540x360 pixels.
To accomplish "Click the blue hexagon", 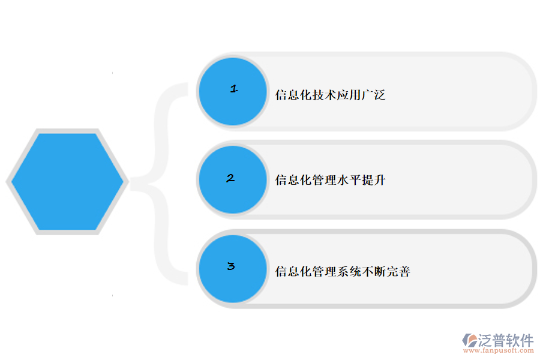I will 67,181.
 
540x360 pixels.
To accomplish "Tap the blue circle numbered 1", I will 233,91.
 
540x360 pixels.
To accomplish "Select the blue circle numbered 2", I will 233,179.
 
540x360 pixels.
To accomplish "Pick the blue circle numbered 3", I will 233,268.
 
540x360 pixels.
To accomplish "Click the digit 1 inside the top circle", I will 234,89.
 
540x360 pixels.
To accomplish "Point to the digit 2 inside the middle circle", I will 230,178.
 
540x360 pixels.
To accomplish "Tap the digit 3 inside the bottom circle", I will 231,266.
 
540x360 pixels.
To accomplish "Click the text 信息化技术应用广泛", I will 330,95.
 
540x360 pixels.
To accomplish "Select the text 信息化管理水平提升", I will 330,180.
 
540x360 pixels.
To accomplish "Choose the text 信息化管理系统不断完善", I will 343,272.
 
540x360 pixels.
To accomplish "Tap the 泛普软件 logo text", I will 506,340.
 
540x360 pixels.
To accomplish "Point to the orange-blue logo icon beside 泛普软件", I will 469,340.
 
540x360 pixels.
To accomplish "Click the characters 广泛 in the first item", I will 373,95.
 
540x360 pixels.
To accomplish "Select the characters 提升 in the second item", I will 373,180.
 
